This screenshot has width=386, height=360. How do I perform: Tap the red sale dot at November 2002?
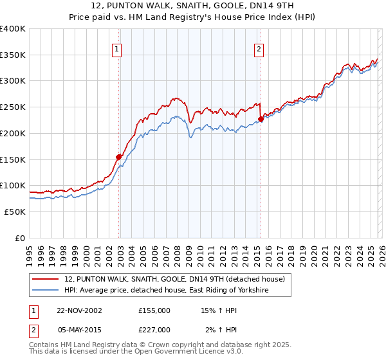[119, 156]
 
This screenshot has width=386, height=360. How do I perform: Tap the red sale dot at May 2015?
[261, 119]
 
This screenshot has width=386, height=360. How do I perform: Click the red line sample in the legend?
[46, 279]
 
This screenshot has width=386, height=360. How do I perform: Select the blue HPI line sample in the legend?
[46, 291]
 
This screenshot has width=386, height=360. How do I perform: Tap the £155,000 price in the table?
[154, 310]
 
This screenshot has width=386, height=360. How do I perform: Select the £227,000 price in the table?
[154, 330]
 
